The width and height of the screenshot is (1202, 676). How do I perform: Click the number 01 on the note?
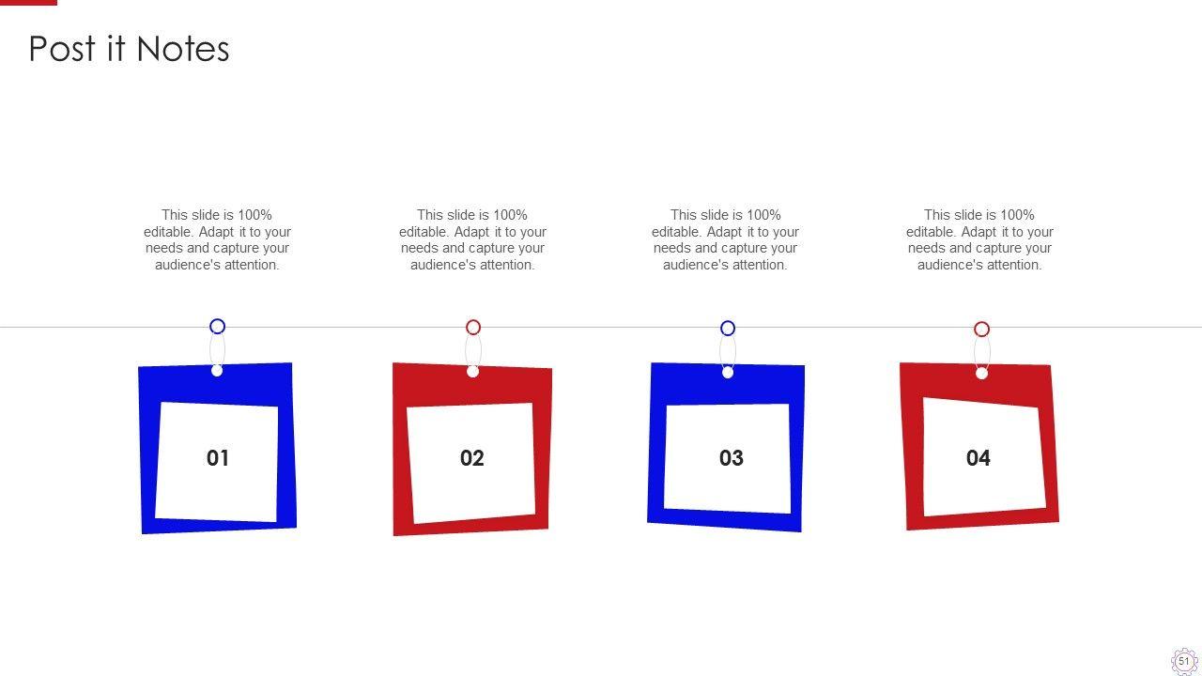click(218, 458)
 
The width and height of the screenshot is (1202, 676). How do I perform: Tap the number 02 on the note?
click(472, 458)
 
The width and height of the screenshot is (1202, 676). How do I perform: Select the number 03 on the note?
click(732, 458)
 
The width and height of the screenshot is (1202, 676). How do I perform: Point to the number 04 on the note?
click(979, 458)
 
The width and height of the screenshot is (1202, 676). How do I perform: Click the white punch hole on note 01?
click(217, 370)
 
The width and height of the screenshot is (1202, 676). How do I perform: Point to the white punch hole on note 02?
click(472, 371)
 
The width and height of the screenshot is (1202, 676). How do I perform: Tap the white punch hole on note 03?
click(728, 373)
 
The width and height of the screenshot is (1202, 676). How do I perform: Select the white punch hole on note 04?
click(981, 374)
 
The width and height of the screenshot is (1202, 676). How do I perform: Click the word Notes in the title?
click(183, 50)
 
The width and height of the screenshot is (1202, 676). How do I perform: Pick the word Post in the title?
click(62, 50)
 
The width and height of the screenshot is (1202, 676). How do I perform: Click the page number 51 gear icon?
click(1184, 661)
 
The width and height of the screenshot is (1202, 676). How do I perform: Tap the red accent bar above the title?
click(28, 3)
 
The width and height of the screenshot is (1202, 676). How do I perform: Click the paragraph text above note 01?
click(217, 239)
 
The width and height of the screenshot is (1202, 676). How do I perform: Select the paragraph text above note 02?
click(472, 239)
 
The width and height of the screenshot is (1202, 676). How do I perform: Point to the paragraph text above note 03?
click(726, 239)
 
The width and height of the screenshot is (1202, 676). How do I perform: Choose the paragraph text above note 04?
click(979, 239)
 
